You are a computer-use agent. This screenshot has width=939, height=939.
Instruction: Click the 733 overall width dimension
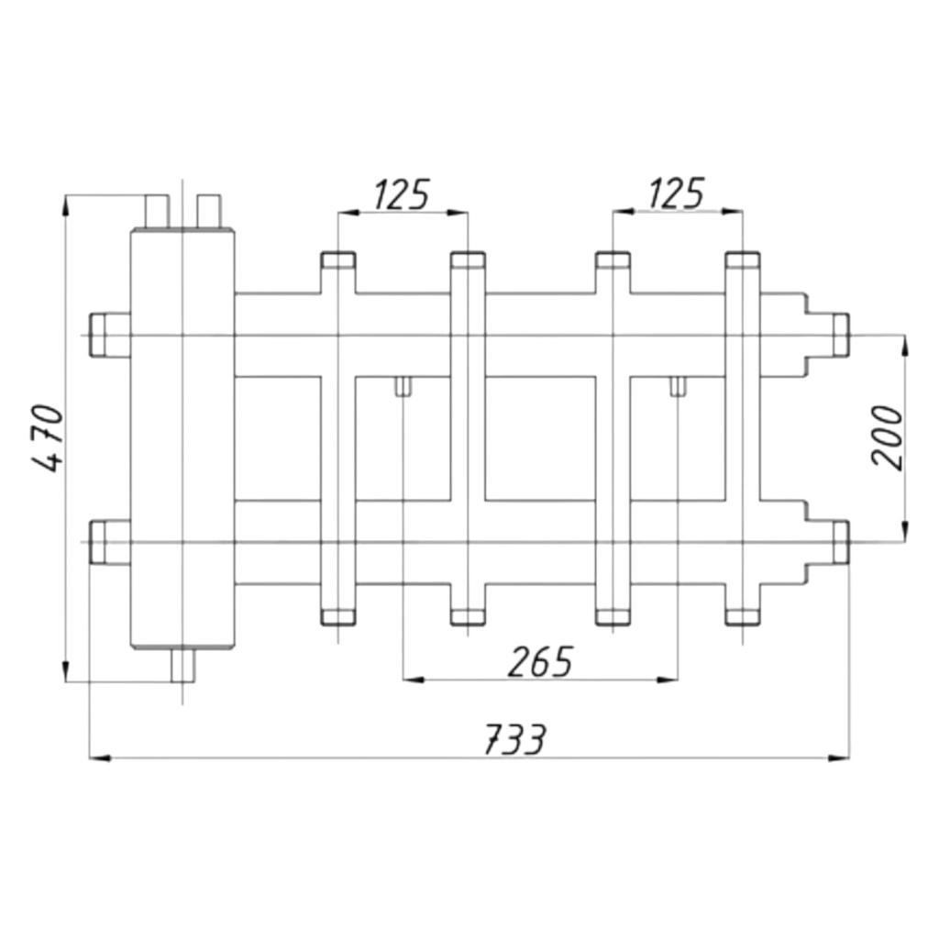pyautogui.click(x=515, y=740)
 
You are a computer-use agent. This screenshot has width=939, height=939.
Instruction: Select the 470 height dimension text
pyautogui.click(x=46, y=439)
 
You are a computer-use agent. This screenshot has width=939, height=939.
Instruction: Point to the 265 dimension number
pyautogui.click(x=541, y=662)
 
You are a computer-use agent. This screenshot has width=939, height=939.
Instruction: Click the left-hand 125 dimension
pyautogui.click(x=402, y=194)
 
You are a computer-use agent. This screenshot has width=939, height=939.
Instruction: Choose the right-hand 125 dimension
pyautogui.click(x=676, y=193)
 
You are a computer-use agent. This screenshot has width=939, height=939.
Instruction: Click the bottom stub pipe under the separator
pyautogui.click(x=182, y=666)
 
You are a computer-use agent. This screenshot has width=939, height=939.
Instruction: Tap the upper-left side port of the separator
pyautogui.click(x=110, y=335)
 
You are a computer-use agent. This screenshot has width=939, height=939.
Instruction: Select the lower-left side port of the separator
pyautogui.click(x=110, y=543)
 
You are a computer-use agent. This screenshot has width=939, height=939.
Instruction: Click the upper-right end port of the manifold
pyautogui.click(x=840, y=334)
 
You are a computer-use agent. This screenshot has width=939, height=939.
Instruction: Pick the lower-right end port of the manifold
pyautogui.click(x=840, y=543)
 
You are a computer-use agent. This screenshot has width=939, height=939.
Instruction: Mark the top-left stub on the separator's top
pyautogui.click(x=158, y=212)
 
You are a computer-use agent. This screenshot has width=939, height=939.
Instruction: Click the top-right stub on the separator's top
pyautogui.click(x=209, y=212)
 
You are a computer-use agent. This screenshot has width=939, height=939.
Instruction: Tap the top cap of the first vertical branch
pyautogui.click(x=338, y=260)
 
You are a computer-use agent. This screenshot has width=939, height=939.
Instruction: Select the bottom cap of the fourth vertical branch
pyautogui.click(x=743, y=617)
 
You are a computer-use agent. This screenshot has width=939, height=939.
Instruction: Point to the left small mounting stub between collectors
pyautogui.click(x=403, y=386)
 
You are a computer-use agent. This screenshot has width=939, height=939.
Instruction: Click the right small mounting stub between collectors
pyautogui.click(x=678, y=386)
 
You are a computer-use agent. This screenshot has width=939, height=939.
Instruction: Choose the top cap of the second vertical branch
pyautogui.click(x=469, y=260)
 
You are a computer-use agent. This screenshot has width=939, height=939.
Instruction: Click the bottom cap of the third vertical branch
pyautogui.click(x=613, y=617)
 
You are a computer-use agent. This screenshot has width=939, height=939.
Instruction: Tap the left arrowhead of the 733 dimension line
pyautogui.click(x=100, y=758)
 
